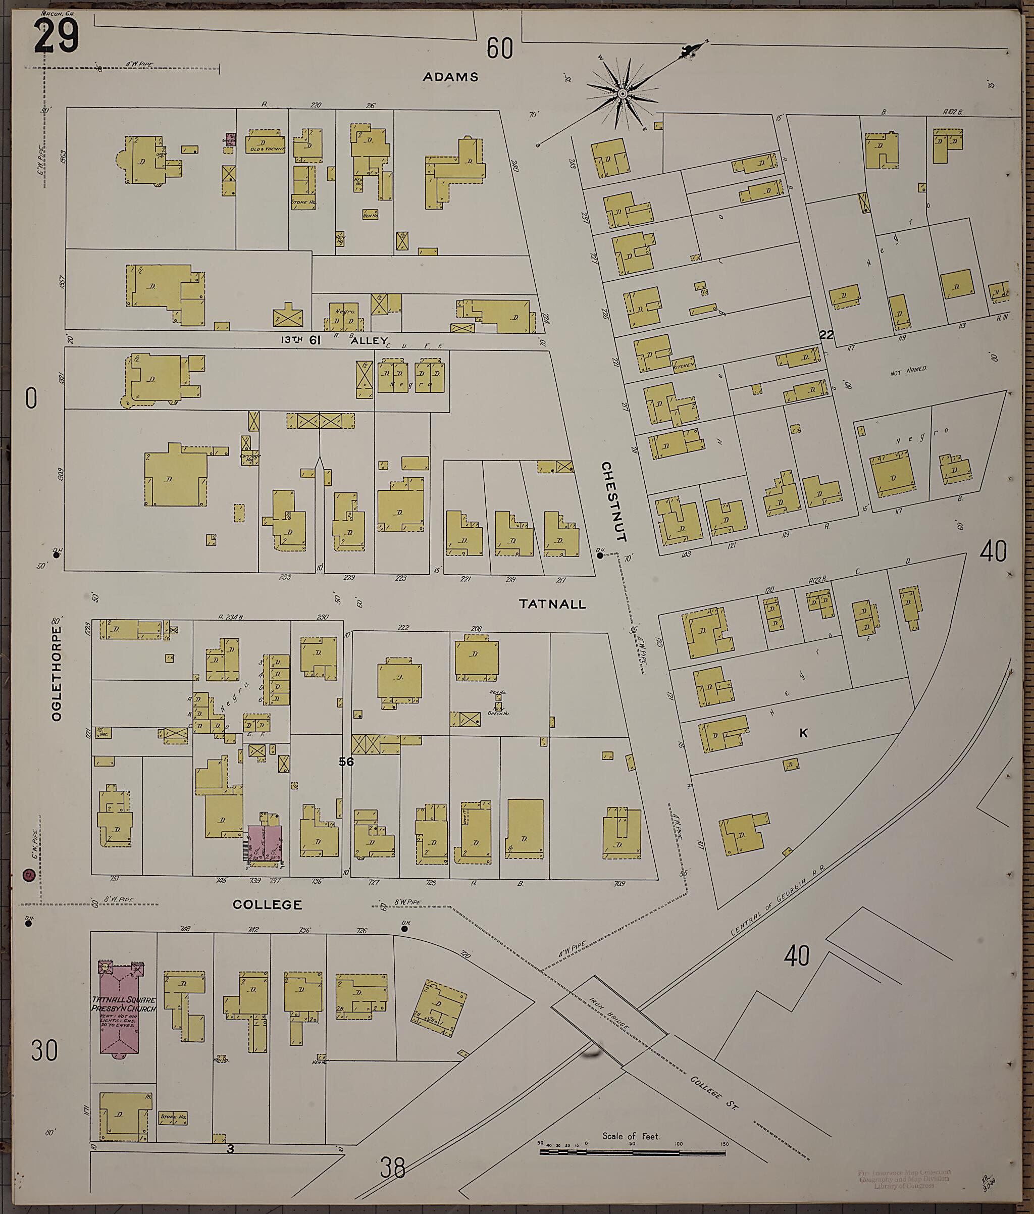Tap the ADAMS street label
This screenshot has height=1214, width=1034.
click(450, 77)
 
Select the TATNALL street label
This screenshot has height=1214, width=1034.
click(552, 603)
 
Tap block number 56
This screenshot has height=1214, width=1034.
click(346, 762)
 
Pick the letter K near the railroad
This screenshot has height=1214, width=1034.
click(803, 733)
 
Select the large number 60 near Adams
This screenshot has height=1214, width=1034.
click(500, 48)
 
